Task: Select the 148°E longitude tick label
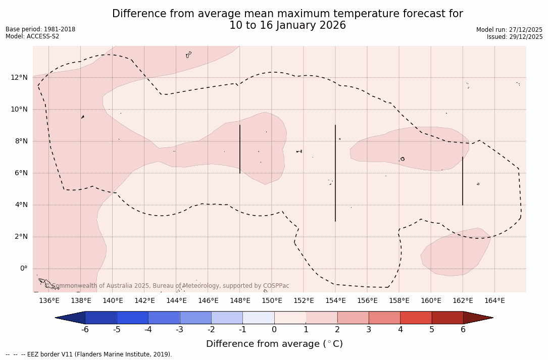click(240, 301)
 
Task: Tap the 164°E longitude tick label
click(494, 301)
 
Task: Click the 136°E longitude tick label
click(49, 301)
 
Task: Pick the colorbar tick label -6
click(85, 330)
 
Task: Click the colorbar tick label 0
click(274, 330)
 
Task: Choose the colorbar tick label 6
click(463, 330)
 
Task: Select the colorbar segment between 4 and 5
click(416, 318)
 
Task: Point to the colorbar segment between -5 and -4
click(132, 318)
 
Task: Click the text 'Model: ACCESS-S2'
click(32, 36)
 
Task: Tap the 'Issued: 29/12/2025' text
click(515, 37)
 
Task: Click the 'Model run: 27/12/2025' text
click(509, 30)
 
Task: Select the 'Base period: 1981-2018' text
click(40, 29)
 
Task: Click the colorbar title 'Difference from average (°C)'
click(274, 344)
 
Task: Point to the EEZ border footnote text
click(89, 354)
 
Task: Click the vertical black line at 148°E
click(240, 149)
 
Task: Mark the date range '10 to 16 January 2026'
click(287, 25)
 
